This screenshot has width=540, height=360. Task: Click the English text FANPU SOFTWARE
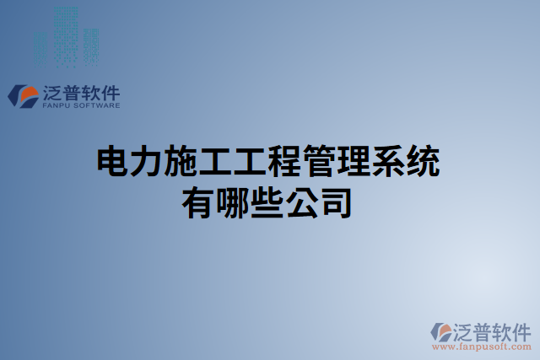[x=81, y=106]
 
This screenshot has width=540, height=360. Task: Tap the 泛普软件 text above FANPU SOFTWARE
[x=81, y=93]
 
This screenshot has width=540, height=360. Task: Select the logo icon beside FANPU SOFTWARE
[x=24, y=96]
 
